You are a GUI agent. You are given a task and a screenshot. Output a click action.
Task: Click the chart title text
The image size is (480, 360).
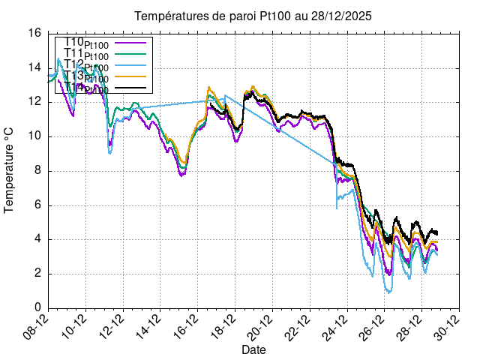coord(253,16)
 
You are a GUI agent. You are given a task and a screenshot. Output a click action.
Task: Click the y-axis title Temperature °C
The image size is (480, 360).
coord(10,170)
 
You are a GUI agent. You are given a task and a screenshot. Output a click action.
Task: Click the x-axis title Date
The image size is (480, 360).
coord(253,349)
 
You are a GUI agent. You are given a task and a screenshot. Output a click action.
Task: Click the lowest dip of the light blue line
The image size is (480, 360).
coord(388,292)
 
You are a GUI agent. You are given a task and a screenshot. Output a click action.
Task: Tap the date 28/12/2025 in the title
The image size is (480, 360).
coord(337,16)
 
